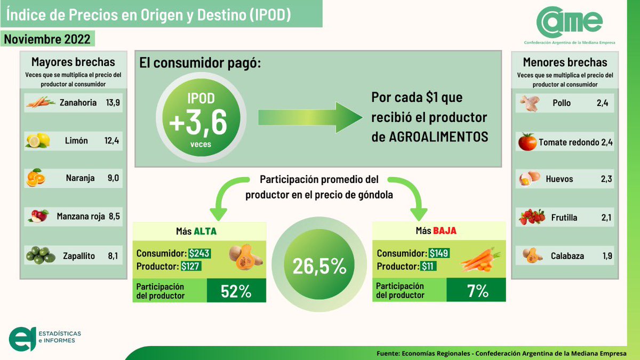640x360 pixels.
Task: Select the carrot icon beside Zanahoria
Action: pyautogui.click(x=40, y=102)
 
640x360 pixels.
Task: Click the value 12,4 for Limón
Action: pyautogui.click(x=113, y=141)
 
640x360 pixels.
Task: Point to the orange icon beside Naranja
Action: pyautogui.click(x=36, y=178)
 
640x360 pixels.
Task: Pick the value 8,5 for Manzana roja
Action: pyautogui.click(x=113, y=217)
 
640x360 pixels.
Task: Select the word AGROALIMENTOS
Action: pyautogui.click(x=429, y=137)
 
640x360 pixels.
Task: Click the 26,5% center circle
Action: pyautogui.click(x=319, y=266)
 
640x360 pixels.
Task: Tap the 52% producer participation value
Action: pyautogui.click(x=236, y=291)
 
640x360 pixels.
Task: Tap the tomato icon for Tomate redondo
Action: pyautogui.click(x=527, y=142)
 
